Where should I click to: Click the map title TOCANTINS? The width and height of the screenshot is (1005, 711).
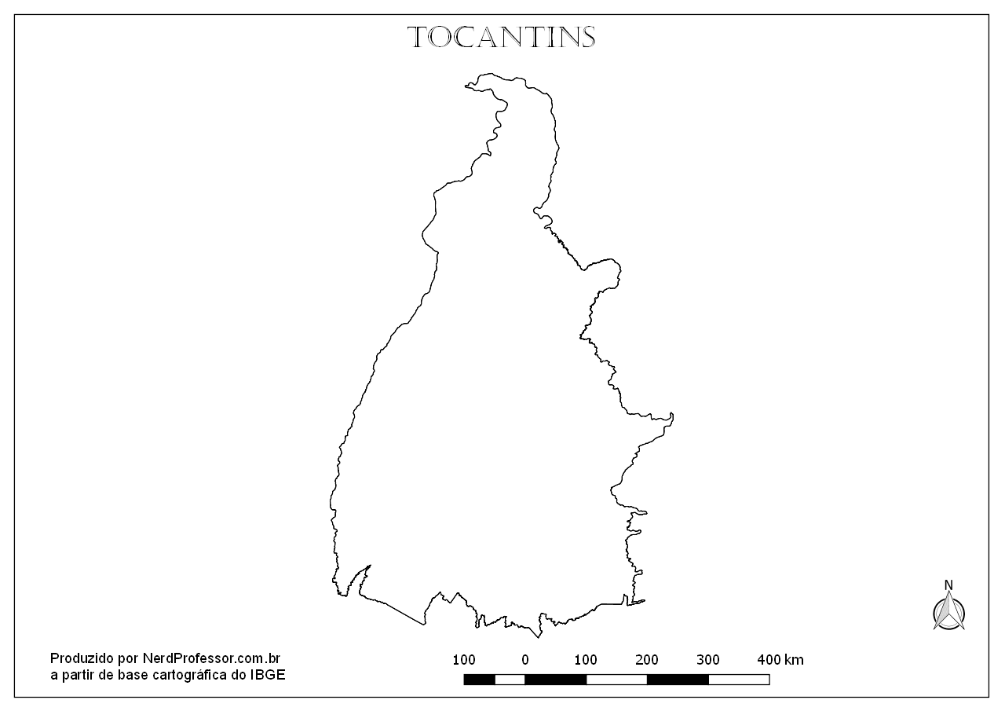[x=502, y=37]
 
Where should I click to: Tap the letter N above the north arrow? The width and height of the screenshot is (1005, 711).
[x=948, y=585]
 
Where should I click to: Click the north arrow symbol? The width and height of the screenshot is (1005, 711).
[x=948, y=611]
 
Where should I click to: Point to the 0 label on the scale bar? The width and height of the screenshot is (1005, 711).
[x=525, y=659]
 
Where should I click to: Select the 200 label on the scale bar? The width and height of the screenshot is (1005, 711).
[x=648, y=659]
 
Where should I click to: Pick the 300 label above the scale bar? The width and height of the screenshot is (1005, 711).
[x=708, y=659]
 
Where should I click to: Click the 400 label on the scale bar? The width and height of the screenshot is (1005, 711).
[x=769, y=659]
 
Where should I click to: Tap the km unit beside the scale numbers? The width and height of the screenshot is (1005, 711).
[x=794, y=659]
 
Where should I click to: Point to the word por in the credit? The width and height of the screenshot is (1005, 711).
[x=127, y=658]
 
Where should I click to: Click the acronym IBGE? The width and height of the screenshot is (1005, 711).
[x=269, y=674]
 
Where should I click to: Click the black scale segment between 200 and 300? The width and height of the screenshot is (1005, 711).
[x=678, y=680]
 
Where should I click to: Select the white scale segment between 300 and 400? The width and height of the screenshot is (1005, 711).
[x=739, y=680]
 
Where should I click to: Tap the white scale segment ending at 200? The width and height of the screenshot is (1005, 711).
[x=617, y=680]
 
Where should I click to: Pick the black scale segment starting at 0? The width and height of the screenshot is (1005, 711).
[x=556, y=680]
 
